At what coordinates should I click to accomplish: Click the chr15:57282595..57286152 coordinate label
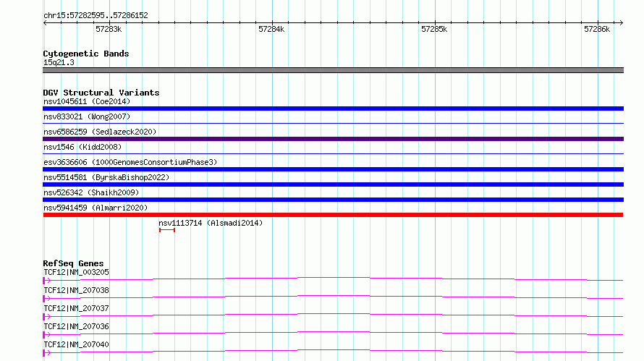click(96, 15)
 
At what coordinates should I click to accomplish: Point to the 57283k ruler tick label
click(109, 29)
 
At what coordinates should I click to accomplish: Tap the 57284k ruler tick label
click(271, 29)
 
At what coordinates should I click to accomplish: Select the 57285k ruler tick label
click(434, 29)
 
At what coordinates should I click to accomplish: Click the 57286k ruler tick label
click(597, 29)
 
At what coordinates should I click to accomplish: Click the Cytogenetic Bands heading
click(86, 54)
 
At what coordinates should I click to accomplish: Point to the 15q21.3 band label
click(59, 62)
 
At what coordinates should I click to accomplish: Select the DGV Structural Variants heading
click(101, 93)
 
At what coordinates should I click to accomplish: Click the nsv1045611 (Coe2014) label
click(87, 101)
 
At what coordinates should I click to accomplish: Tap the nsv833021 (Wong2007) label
click(87, 116)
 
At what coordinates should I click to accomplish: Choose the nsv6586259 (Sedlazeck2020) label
click(100, 132)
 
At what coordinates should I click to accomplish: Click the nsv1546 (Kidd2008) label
click(82, 147)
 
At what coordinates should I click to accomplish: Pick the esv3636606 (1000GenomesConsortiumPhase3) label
click(130, 162)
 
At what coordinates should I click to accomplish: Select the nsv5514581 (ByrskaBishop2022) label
click(106, 177)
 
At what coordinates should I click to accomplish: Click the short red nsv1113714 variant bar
click(167, 230)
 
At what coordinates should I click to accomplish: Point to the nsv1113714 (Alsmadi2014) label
click(211, 223)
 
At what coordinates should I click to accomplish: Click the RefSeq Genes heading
click(73, 263)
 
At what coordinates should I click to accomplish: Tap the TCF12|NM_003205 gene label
click(77, 272)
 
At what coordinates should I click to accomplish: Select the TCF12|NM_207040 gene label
click(77, 344)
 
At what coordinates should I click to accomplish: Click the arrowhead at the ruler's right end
click(622, 23)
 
